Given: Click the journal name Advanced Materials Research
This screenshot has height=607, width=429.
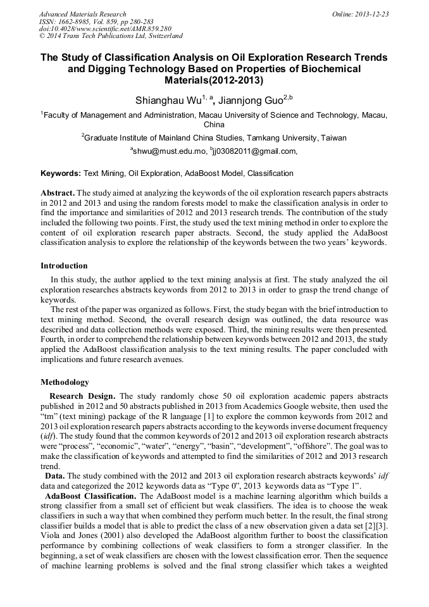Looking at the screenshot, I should point(82,14).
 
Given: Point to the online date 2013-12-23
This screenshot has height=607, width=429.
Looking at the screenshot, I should point(373,14).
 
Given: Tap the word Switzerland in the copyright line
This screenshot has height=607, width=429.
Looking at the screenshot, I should point(164,36).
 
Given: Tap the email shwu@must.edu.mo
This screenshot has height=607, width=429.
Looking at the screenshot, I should point(169,151).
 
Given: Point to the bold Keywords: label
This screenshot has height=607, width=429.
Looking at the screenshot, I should point(61,173).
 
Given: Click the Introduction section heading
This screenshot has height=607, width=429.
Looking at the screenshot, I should point(64,266).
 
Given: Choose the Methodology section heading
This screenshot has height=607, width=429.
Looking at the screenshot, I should point(65,382).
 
